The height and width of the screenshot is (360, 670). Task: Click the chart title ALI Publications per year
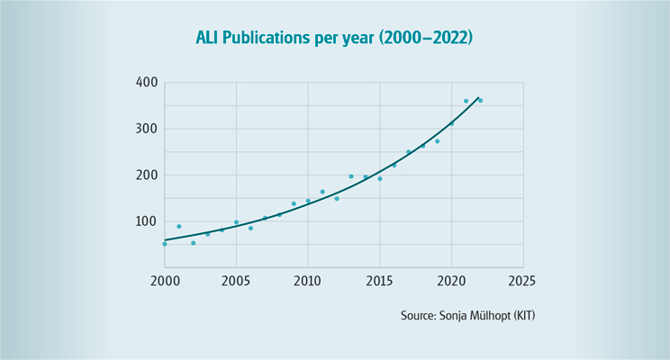click(x=334, y=39)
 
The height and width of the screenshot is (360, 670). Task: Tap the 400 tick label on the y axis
click(x=147, y=83)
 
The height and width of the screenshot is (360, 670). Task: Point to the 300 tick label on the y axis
click(x=147, y=129)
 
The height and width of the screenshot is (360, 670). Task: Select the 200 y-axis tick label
click(x=147, y=175)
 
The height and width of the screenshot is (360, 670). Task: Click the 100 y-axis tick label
click(x=147, y=221)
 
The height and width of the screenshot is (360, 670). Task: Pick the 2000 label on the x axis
click(x=165, y=280)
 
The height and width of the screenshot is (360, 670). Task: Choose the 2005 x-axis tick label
click(x=236, y=280)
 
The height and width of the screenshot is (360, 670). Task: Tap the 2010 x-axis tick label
click(x=308, y=280)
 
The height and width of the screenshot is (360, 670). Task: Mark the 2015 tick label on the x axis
click(x=379, y=280)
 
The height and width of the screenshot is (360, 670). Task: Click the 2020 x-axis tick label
click(x=451, y=280)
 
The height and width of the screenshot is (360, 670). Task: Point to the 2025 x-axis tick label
click(x=522, y=280)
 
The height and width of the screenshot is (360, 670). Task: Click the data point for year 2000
click(x=165, y=244)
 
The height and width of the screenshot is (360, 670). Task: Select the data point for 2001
click(x=179, y=226)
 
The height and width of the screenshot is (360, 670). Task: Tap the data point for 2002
click(x=193, y=243)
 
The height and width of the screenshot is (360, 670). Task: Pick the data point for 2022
click(x=480, y=101)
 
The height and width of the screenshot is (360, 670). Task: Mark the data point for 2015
click(x=380, y=178)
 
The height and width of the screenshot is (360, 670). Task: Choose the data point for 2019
click(x=437, y=141)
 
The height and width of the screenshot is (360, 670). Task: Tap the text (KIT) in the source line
click(x=528, y=316)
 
